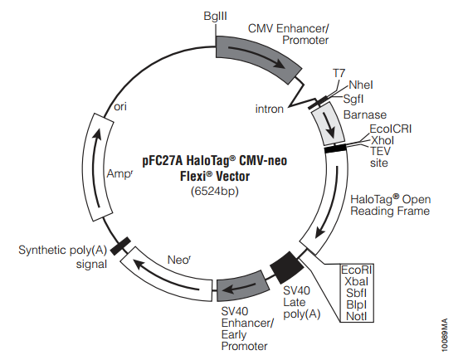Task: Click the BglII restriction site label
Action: [215, 16]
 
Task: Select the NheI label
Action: [361, 85]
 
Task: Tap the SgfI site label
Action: [353, 100]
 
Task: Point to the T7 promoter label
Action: [339, 73]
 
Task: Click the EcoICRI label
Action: [390, 129]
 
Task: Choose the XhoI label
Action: [382, 140]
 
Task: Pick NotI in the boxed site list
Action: [357, 316]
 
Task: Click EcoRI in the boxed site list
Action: [357, 270]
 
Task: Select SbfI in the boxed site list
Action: [357, 293]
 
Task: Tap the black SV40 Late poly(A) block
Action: [287, 268]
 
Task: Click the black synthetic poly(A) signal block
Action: [120, 246]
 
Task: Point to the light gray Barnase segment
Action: [329, 124]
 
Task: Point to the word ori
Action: [120, 106]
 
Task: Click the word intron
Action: [270, 109]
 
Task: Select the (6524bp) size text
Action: [215, 192]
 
